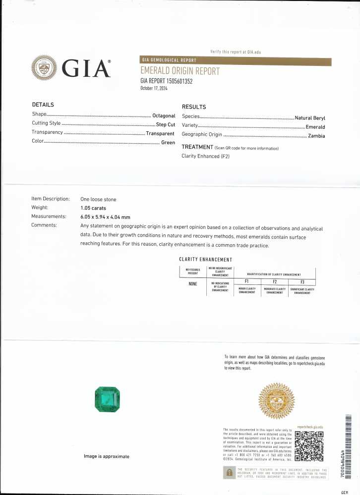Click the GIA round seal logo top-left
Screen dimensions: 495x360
(44, 67)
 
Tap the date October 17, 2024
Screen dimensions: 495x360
(156, 88)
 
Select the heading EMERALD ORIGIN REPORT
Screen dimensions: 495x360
(180, 71)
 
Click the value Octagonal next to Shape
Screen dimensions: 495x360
(164, 115)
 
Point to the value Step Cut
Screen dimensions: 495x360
(165, 124)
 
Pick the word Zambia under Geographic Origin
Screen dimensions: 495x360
(316, 135)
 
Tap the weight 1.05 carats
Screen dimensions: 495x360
(93, 208)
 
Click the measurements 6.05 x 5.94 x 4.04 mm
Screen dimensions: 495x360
(105, 217)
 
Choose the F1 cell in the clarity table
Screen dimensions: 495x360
(246, 281)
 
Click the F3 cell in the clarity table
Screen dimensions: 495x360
(302, 281)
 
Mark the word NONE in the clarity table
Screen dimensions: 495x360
(193, 284)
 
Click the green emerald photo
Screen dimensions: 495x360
(108, 399)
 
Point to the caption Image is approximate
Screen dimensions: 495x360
(106, 456)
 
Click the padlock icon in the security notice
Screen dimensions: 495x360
(229, 473)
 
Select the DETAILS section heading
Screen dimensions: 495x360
(43, 105)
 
